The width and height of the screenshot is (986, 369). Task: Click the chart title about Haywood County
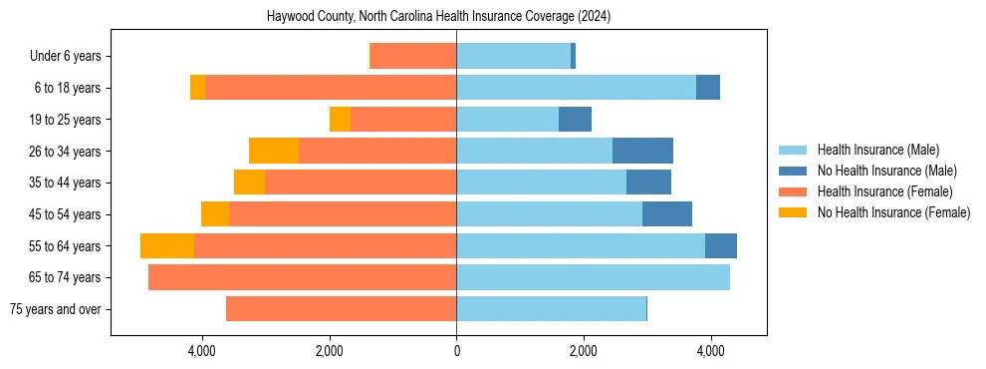coord(439,17)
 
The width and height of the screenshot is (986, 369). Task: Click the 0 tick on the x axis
coord(456,351)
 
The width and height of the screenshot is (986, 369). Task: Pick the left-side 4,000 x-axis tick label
coord(202,351)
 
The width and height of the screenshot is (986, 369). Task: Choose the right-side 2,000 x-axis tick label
coord(584,351)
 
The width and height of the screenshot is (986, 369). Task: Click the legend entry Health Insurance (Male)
coord(877,150)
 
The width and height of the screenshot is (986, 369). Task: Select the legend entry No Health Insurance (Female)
coord(893,212)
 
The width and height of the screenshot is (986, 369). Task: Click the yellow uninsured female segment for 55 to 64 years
coord(167,245)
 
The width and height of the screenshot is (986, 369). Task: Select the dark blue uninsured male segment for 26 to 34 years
coord(642,151)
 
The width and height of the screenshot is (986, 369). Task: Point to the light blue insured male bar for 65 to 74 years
coord(593,277)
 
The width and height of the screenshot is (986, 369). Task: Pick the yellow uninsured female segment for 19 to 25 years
coord(340,120)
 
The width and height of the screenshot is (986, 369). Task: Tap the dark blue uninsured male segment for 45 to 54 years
coord(667,214)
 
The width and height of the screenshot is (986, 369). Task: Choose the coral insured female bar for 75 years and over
coord(341,309)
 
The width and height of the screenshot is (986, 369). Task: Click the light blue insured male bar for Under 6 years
coord(513,57)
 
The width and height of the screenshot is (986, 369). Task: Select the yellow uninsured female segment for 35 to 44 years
coord(249,183)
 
